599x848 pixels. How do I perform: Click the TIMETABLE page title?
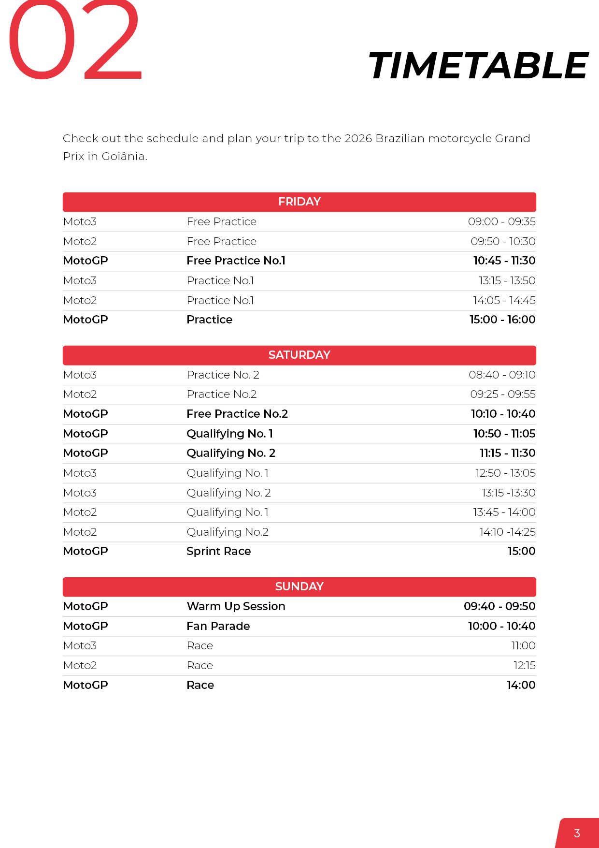click(x=478, y=66)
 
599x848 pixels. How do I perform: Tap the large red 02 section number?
click(x=75, y=41)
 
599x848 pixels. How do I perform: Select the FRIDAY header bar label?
click(x=299, y=202)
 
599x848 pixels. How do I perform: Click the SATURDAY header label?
click(x=299, y=355)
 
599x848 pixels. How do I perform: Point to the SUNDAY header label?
click(x=299, y=586)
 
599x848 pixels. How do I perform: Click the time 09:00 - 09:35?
click(x=501, y=221)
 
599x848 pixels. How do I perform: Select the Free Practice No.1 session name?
click(x=236, y=261)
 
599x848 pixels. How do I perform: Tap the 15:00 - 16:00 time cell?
click(x=502, y=320)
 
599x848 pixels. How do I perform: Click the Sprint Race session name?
click(x=218, y=551)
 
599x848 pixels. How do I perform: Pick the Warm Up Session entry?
click(x=236, y=606)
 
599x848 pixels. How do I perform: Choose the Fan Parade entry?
click(x=218, y=626)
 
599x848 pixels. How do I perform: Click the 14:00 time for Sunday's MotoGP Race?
click(x=521, y=685)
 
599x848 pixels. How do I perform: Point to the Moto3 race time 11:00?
click(x=523, y=645)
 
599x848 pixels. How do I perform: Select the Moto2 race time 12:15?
click(x=524, y=665)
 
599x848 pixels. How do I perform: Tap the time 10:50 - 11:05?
click(x=504, y=434)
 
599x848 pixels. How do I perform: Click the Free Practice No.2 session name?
click(x=237, y=414)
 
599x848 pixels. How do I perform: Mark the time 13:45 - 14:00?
click(x=504, y=512)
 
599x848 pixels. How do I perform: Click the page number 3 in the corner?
click(x=577, y=833)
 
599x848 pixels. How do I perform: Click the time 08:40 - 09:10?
click(x=502, y=375)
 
